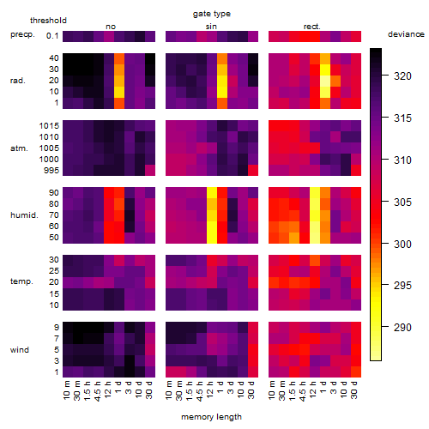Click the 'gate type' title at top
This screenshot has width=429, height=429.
212,14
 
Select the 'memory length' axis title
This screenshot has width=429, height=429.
211,417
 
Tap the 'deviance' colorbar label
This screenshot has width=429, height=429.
406,34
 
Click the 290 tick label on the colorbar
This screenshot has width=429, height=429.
402,327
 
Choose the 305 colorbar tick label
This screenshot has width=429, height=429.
402,202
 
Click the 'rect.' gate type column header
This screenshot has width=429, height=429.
312,27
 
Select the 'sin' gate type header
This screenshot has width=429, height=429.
211,27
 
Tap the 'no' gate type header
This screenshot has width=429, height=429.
111,27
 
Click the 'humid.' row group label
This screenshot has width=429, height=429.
24,215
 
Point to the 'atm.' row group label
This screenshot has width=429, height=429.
19,148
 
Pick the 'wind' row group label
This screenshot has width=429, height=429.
20,350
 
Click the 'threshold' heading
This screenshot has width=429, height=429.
48,21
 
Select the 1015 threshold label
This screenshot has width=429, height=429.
49,126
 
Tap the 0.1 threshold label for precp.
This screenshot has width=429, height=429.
52,36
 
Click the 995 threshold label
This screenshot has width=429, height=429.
51,171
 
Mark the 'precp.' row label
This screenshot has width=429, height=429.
22,34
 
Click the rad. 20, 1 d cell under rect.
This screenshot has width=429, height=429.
325,81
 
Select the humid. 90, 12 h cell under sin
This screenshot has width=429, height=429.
212,193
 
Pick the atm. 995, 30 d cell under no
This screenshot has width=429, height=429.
150,171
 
